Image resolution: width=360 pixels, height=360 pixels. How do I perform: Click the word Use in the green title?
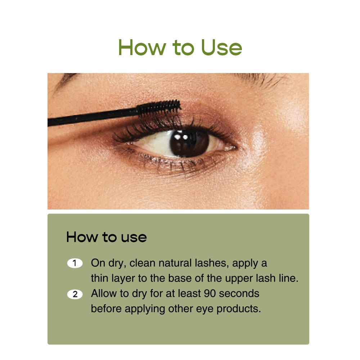(x=221, y=48)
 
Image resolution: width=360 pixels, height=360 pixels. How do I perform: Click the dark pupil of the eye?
(x=189, y=142)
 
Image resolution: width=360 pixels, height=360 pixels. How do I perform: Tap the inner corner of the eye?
(x=233, y=148)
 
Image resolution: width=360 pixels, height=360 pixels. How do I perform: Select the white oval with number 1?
(x=75, y=263)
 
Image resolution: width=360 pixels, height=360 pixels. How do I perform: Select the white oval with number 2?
(x=75, y=294)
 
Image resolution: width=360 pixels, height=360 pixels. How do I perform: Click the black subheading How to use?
(x=107, y=237)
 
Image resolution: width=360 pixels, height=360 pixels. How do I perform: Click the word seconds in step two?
(x=239, y=293)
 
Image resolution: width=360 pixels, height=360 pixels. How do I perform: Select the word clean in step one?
(x=143, y=263)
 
